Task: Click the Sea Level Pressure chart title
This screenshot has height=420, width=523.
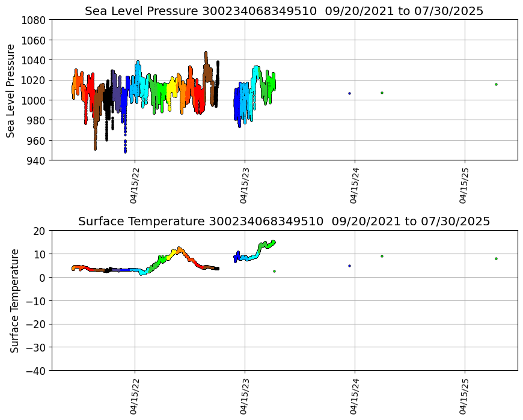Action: point(284,11)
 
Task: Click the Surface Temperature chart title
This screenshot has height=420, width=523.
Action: point(284,221)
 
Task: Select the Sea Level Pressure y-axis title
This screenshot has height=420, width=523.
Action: point(11,90)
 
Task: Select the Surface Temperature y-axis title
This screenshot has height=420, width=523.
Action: point(14,300)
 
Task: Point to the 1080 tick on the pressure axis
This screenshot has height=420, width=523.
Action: point(34,20)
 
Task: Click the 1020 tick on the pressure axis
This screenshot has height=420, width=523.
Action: point(34,80)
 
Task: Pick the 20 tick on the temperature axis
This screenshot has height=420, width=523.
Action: point(40,231)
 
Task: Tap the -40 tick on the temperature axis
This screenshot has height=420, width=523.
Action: point(36,371)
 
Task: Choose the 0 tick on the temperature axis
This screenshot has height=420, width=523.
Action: point(43,278)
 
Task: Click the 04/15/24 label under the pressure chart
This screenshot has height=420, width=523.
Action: point(355,186)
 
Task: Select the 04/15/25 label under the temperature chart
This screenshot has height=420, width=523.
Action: point(465,396)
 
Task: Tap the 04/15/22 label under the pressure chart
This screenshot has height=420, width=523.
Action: point(135,186)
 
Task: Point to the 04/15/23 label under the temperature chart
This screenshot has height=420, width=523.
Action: point(245,396)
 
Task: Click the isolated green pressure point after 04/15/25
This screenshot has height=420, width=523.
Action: point(496,84)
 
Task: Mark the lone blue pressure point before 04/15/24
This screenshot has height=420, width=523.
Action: point(349,93)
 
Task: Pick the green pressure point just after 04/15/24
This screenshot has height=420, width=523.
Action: point(382,93)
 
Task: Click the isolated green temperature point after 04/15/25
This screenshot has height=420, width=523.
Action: point(496,258)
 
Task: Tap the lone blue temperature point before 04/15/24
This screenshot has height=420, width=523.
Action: point(349,266)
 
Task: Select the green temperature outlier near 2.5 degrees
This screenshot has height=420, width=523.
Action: point(274,271)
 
